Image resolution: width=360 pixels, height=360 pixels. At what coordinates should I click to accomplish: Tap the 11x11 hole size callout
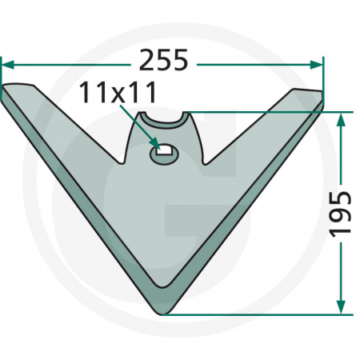(118, 94)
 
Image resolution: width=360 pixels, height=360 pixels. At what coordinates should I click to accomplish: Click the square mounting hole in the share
(164, 149)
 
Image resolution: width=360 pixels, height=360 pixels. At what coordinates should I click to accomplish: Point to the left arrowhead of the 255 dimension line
(6, 62)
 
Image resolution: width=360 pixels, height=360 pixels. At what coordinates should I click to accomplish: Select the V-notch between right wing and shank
(206, 162)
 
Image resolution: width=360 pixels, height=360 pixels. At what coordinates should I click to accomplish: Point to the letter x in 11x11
(118, 94)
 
